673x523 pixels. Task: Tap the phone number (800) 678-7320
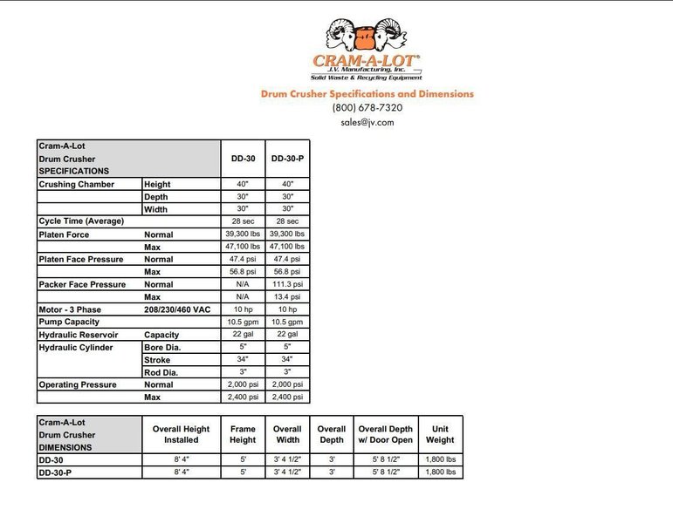coord(367,108)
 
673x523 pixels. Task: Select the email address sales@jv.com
coord(367,123)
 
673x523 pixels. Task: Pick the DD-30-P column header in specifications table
coord(287,160)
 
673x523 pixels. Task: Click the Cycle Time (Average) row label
coord(81,221)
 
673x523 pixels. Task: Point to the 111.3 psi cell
coord(287,284)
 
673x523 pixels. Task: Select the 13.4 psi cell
coord(287,296)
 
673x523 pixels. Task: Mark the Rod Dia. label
coord(161,372)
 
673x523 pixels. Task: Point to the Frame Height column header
coord(243,434)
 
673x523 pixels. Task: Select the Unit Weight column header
coord(440,434)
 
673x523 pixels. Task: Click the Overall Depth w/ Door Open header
coord(385,434)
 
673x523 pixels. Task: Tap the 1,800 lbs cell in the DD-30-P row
coord(440,472)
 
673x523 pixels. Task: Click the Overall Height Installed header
coord(181,434)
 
